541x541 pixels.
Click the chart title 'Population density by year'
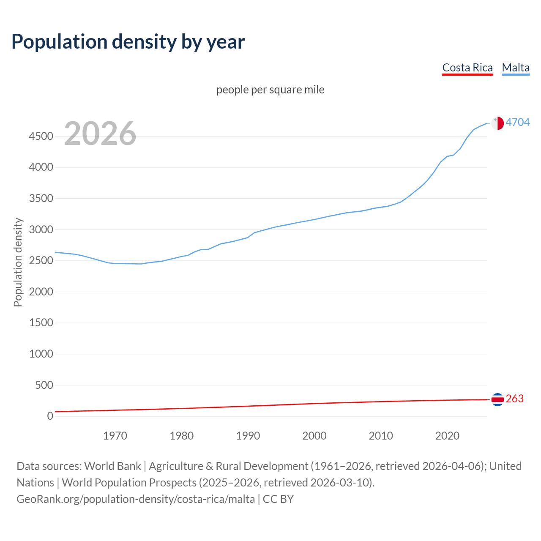click(128, 41)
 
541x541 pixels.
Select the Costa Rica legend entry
click(467, 68)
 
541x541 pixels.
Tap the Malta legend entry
click(516, 68)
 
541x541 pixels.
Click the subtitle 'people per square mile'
click(270, 90)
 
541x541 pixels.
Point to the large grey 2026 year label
click(100, 134)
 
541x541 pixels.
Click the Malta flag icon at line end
click(497, 123)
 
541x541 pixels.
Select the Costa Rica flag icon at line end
click(497, 399)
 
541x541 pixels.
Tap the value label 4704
click(518, 122)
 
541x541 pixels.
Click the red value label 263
click(515, 399)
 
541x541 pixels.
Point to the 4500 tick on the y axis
click(41, 136)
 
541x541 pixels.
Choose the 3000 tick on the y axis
click(41, 230)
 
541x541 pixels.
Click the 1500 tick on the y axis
click(41, 323)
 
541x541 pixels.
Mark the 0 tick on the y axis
click(50, 416)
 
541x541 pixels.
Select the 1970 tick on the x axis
click(115, 436)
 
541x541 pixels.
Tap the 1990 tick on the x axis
click(248, 436)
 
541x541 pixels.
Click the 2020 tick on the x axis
click(447, 436)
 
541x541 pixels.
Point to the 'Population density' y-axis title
click(18, 262)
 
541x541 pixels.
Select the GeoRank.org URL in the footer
click(136, 499)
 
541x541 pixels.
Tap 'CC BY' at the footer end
click(278, 499)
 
